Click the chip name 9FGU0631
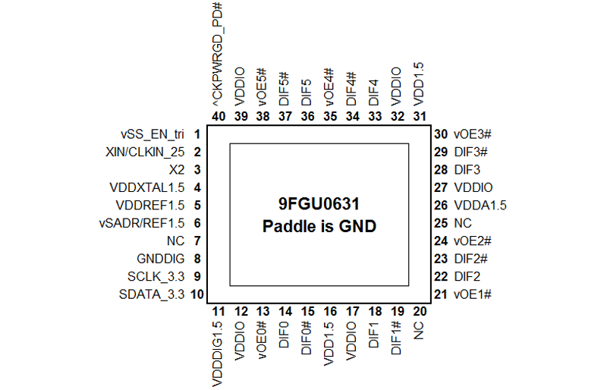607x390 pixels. click(x=319, y=203)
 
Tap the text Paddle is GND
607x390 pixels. click(x=319, y=226)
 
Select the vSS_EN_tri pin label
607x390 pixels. click(x=153, y=134)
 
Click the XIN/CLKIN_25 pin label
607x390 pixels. click(x=145, y=153)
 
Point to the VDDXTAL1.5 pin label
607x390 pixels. click(x=147, y=188)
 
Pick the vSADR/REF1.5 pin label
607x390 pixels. click(x=142, y=224)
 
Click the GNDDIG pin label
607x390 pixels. click(x=161, y=259)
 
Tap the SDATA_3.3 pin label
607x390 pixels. click(x=152, y=294)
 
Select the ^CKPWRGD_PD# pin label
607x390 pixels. click(x=218, y=55)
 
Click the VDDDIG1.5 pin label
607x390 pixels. click(x=218, y=354)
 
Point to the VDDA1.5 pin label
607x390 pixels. click(x=480, y=206)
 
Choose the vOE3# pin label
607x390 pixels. click(x=473, y=134)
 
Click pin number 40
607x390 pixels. click(x=219, y=117)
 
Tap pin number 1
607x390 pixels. click(x=197, y=134)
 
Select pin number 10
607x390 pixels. click(x=197, y=294)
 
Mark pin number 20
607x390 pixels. click(x=420, y=311)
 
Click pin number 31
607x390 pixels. click(x=420, y=117)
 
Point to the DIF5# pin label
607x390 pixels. click(x=285, y=89)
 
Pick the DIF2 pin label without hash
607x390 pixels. click(x=467, y=276)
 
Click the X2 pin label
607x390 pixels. click(x=177, y=170)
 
